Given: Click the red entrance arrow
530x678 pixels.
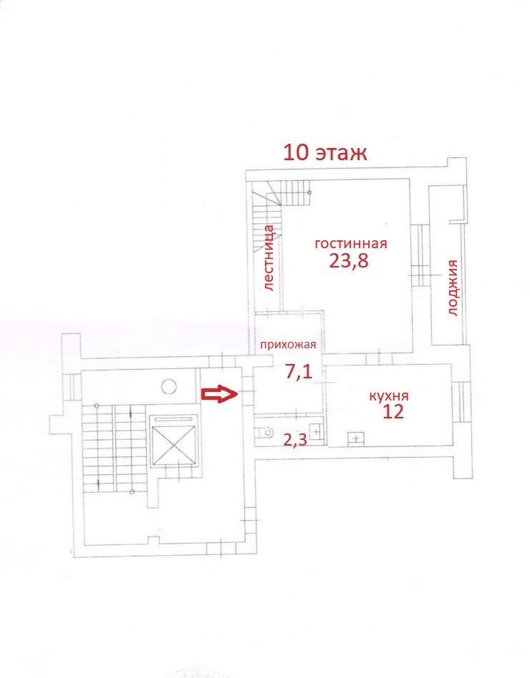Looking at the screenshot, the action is pos(219,393).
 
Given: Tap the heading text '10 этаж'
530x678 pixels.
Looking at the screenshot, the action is pos(325,152).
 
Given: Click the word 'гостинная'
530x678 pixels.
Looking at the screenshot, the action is pos(351,243).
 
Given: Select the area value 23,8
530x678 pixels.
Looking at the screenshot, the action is pos(349,261).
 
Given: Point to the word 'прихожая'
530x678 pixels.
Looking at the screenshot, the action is pos(287,345).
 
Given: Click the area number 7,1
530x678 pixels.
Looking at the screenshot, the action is pos(299,371).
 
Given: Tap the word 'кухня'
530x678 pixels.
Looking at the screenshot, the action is pos(389,396).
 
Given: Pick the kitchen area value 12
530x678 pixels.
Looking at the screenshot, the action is pos(393,412).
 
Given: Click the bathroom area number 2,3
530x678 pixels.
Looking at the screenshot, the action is pos(295,440).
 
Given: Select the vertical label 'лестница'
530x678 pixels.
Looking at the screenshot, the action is pos(269,257).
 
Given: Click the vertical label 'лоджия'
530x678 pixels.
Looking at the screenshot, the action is pos(452,288).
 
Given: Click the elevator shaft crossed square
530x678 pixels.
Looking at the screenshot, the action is pos(173,441).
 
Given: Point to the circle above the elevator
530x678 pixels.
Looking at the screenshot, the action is pos(169,386).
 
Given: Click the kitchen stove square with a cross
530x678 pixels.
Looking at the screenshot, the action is pos(356,438).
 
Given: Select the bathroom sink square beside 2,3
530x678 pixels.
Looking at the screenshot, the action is pos(317,431).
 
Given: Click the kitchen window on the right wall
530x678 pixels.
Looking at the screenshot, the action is pos(461,402).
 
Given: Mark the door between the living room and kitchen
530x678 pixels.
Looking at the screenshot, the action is pos(379,359).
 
